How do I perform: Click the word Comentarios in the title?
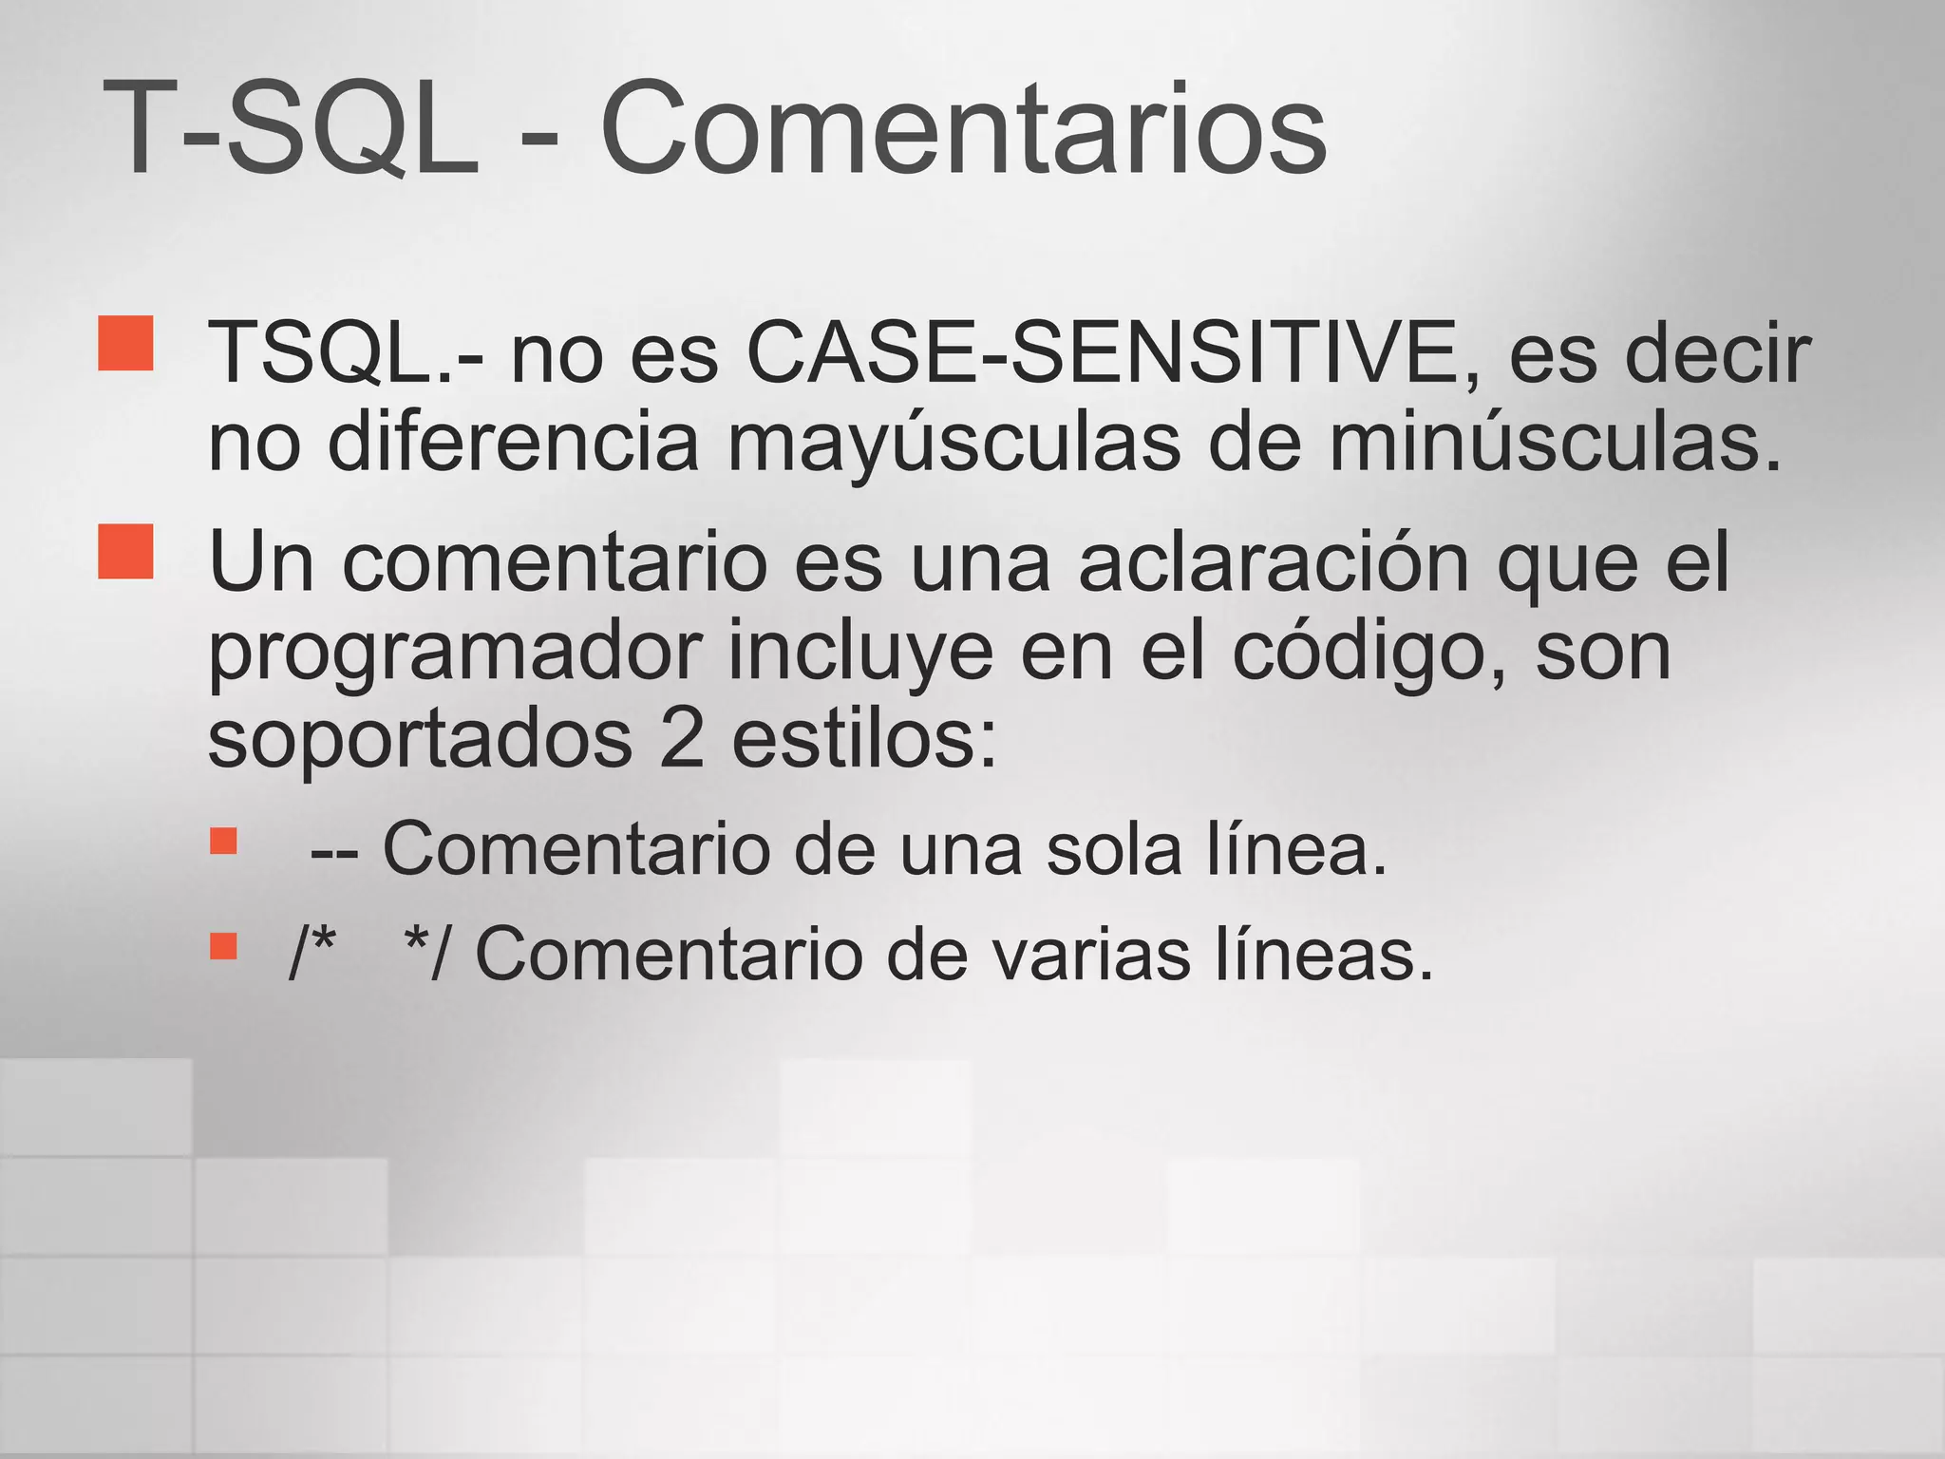963,128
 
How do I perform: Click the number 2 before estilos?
682,741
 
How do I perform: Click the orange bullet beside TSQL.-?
125,343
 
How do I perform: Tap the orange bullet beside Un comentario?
125,551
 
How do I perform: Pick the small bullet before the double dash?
223,842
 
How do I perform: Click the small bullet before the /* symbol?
223,946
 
